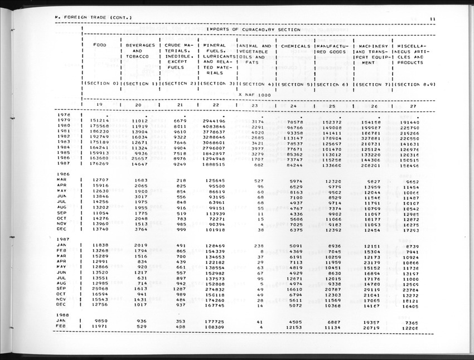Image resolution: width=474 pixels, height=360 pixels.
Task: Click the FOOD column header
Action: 100,46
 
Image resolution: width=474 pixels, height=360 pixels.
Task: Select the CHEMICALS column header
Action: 296,46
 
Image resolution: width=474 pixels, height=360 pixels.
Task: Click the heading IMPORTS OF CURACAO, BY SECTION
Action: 254,29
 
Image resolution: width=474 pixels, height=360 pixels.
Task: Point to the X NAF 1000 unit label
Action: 254,94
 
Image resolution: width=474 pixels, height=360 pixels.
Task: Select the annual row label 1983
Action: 63,142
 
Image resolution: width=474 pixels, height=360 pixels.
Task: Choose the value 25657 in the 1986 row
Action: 138,158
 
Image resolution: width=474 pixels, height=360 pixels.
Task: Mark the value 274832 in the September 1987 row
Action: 214,289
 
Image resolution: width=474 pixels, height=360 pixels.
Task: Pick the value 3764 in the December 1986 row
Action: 139,229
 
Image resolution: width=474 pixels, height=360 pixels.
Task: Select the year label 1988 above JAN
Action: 63,315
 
